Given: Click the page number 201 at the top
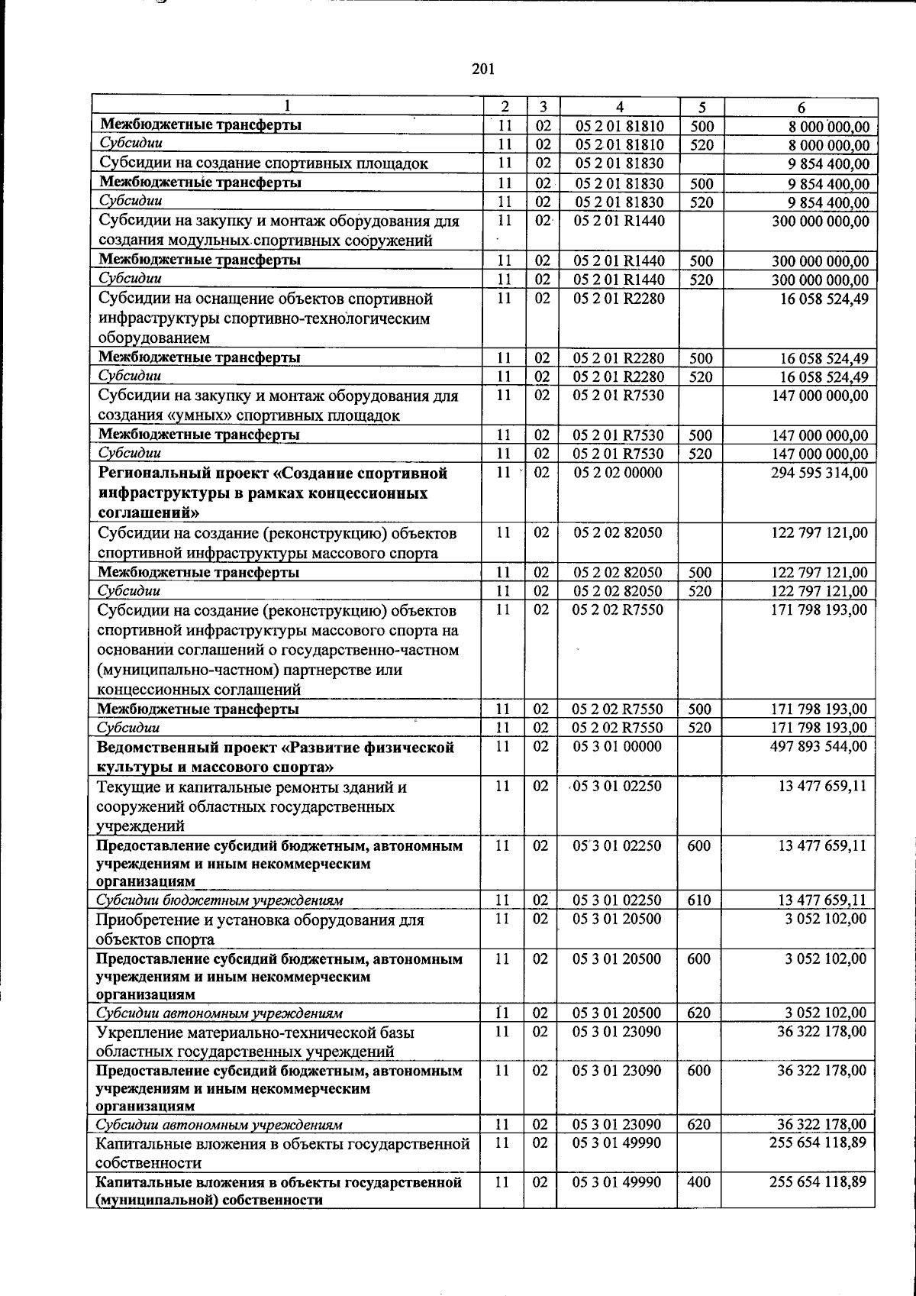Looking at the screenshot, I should point(483,69).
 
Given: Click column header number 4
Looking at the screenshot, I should point(619,108).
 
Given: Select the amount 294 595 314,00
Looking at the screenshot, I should point(820,473).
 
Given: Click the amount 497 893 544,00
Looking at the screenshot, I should point(819,746).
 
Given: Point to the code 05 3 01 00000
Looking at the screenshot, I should point(618,746).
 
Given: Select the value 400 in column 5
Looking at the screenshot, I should point(698,1182).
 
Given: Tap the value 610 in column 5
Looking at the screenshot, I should point(698,900).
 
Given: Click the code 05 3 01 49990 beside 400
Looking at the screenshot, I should point(618,1182).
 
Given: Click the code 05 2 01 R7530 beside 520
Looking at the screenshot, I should point(618,454).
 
